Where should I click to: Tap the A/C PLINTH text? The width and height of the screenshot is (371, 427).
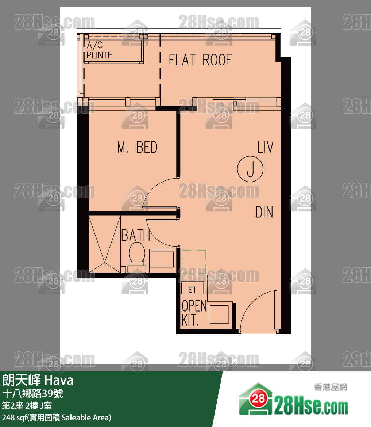coord(100,50)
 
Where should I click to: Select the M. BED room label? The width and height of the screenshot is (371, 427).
coord(137,147)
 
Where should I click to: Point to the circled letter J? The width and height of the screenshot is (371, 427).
coord(250,169)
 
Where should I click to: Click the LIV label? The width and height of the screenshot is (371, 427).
coord(265,147)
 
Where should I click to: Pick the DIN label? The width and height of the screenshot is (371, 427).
coord(264,212)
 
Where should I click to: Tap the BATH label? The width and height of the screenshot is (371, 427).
coord(135,236)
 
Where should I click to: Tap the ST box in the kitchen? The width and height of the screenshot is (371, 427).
coord(192,290)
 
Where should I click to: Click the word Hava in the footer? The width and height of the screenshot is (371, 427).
coord(59,381)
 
